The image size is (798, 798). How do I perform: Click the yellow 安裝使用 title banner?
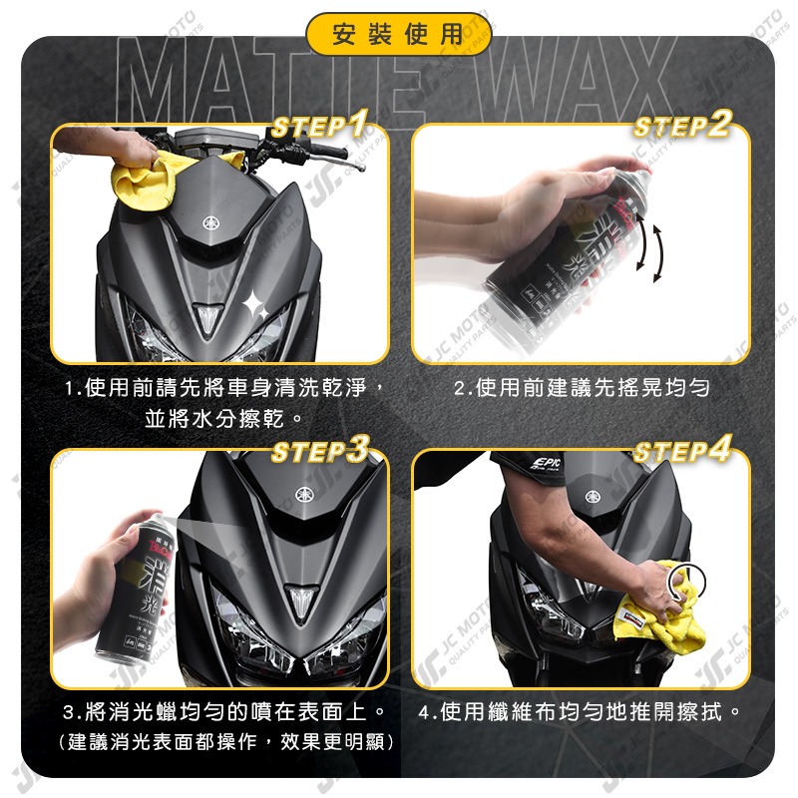tap(398, 35)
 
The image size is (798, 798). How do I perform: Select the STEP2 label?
tap(682, 126)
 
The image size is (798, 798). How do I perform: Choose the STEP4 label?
tap(682, 451)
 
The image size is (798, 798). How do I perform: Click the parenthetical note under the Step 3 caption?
tap(225, 742)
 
